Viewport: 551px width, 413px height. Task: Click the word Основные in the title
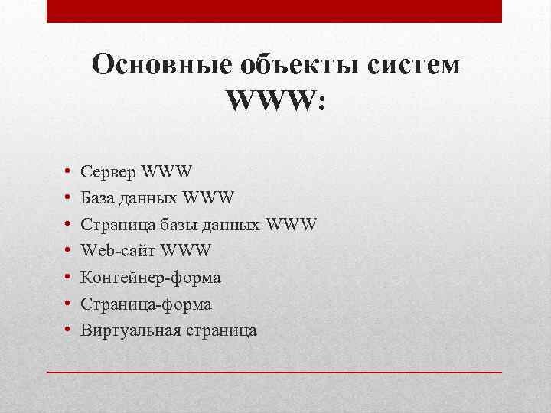152,65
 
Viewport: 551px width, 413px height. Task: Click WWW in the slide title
275,101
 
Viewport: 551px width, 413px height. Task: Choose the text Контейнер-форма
156,278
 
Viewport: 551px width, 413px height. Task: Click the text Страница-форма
152,304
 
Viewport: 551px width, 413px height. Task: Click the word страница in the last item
221,330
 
